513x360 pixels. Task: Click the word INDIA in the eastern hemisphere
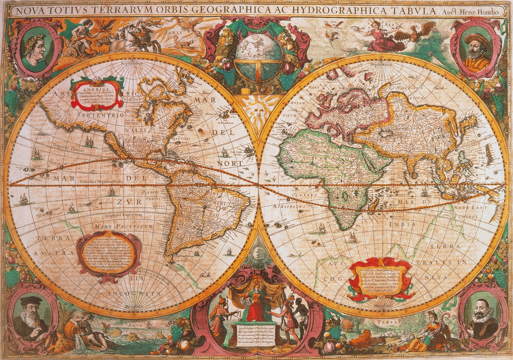[402, 224]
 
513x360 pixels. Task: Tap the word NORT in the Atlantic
[230, 163]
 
